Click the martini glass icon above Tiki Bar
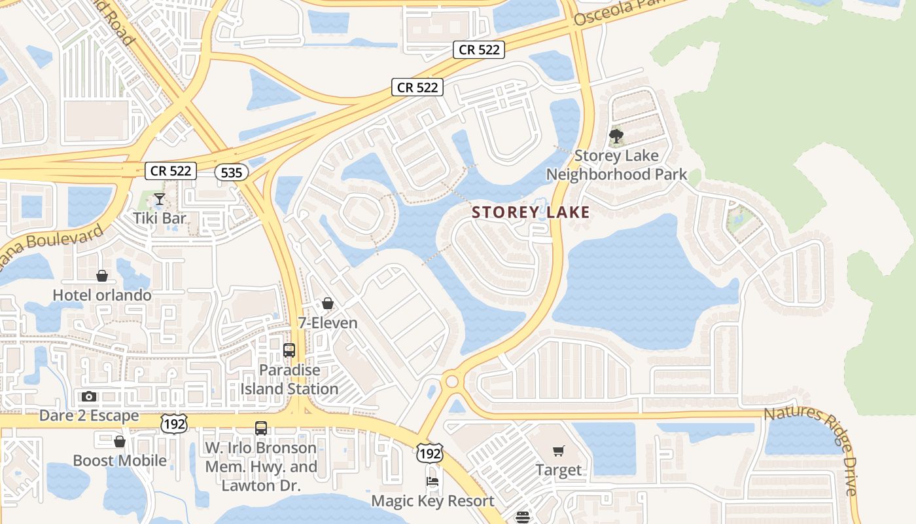pyautogui.click(x=159, y=198)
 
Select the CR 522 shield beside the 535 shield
pyautogui.click(x=171, y=171)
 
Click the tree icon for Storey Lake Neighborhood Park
pyautogui.click(x=616, y=137)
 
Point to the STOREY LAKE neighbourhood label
pyautogui.click(x=531, y=212)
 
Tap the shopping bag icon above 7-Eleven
pyautogui.click(x=328, y=303)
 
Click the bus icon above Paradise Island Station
pyautogui.click(x=289, y=350)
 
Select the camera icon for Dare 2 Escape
pyautogui.click(x=89, y=396)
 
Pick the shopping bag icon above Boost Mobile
pyautogui.click(x=120, y=441)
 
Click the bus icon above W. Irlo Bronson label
pyautogui.click(x=261, y=428)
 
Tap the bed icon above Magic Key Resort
pyautogui.click(x=432, y=482)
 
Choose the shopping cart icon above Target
pyautogui.click(x=558, y=451)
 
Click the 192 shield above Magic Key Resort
pyautogui.click(x=429, y=453)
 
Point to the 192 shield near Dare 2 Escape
pyautogui.click(x=175, y=423)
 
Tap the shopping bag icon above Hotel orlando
pyautogui.click(x=101, y=276)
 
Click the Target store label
pyautogui.click(x=558, y=470)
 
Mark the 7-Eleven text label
pyautogui.click(x=328, y=323)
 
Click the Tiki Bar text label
pyautogui.click(x=159, y=218)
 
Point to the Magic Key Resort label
pyautogui.click(x=432, y=501)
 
